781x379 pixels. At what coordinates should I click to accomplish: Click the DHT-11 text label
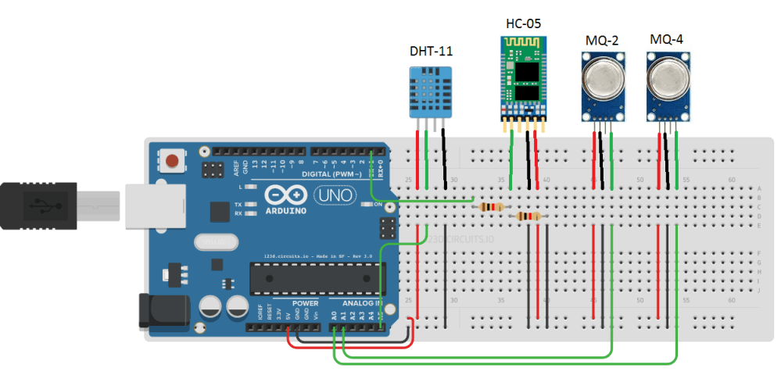(432, 52)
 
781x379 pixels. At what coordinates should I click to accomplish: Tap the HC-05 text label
(524, 23)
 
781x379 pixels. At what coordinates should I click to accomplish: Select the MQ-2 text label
(603, 39)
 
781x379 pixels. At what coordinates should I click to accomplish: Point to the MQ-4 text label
(667, 38)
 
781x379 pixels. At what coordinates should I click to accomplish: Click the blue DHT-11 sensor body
(431, 91)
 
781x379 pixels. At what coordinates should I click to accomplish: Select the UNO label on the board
(331, 195)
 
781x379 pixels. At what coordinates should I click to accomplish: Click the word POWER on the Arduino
(305, 303)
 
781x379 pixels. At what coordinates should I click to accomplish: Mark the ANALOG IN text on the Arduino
(357, 303)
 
